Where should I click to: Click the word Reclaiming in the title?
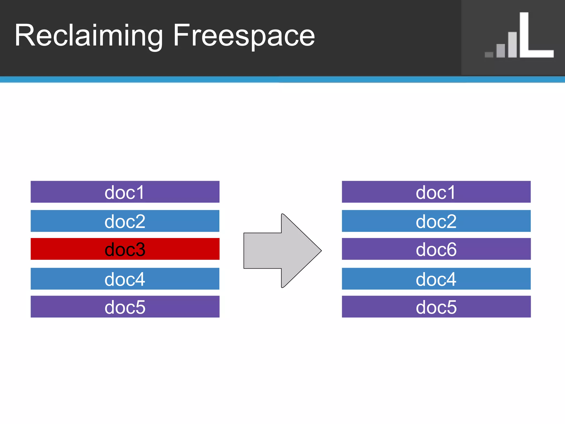click(88, 36)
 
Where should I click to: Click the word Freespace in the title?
click(244, 36)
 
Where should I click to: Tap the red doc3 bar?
click(125, 249)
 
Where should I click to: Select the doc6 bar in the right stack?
click(436, 249)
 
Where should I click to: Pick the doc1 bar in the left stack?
click(125, 192)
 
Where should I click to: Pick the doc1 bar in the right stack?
click(436, 192)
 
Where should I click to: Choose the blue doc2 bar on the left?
click(125, 221)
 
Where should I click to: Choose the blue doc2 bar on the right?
click(436, 221)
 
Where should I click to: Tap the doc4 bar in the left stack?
click(125, 279)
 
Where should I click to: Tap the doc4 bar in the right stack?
click(436, 279)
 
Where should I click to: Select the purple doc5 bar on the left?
click(125, 307)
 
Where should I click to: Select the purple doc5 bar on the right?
click(436, 307)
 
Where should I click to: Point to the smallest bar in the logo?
click(489, 55)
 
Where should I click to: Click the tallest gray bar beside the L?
click(512, 45)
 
